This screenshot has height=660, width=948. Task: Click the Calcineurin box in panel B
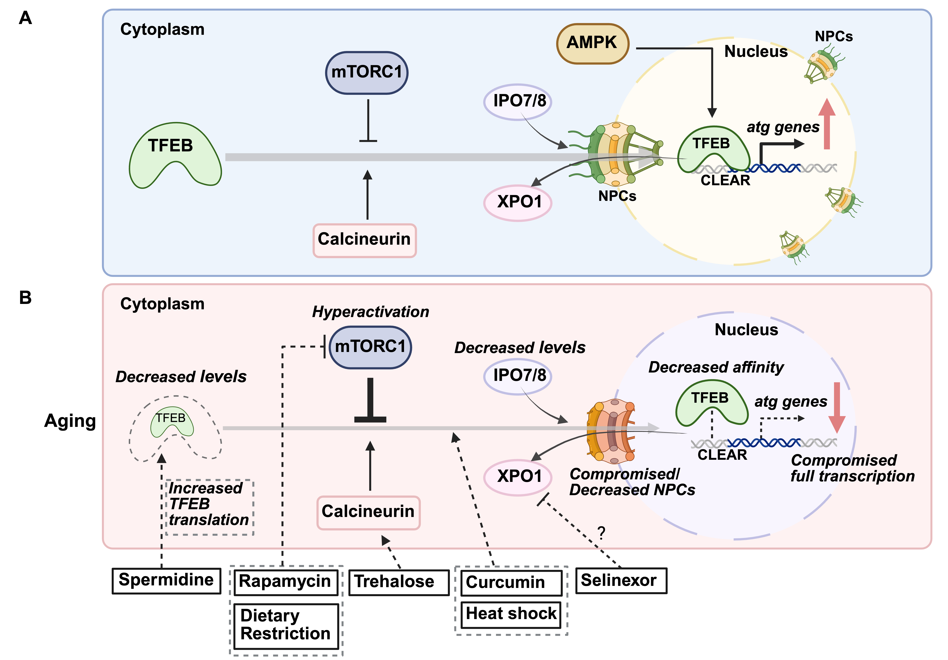tap(368, 512)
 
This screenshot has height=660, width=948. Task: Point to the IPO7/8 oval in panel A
tap(518, 101)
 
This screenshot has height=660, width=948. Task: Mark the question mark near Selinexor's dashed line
tap(601, 533)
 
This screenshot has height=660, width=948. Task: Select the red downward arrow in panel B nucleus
tap(837, 407)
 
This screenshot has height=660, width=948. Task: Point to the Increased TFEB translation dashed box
tap(209, 507)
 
